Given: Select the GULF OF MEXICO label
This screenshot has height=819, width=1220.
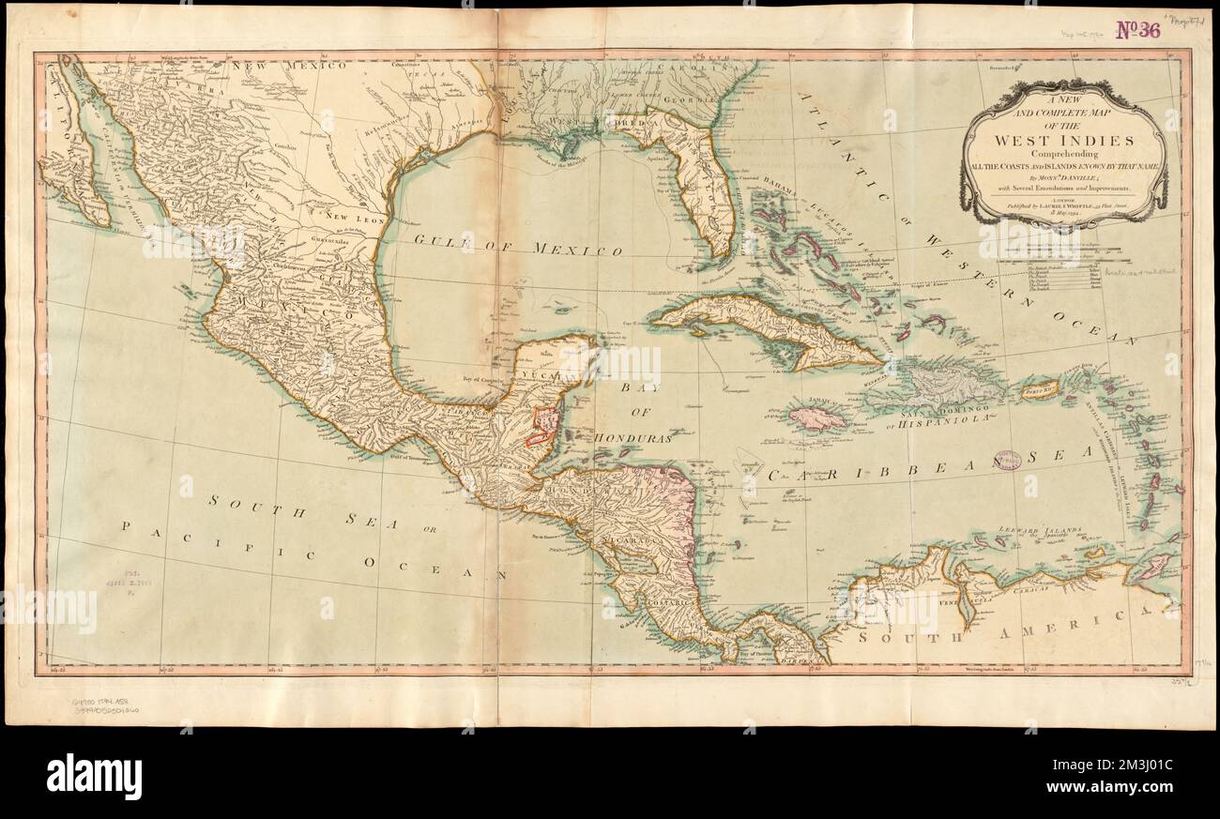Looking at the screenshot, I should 518,246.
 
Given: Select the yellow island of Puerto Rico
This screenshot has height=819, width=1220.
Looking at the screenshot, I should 1038,388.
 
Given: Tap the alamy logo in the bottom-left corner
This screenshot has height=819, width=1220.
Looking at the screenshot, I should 94,777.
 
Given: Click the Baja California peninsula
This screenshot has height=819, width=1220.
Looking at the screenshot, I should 75,150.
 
